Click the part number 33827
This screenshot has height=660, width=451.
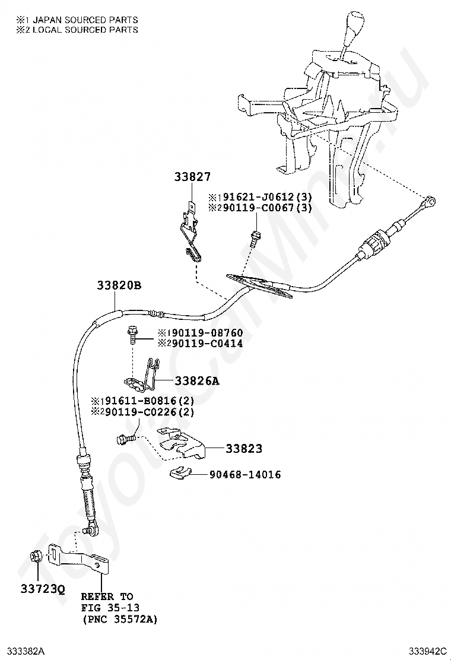[x=192, y=177]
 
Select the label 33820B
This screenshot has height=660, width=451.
[x=119, y=285]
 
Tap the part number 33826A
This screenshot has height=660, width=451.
[x=197, y=381]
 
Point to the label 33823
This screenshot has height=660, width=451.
[x=244, y=449]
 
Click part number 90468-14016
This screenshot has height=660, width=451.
[x=245, y=475]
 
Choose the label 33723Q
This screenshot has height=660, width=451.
[x=43, y=589]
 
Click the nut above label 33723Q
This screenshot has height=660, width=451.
[x=35, y=557]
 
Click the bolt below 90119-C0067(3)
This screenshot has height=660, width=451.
[x=255, y=239]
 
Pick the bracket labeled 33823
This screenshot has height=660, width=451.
[x=180, y=443]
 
